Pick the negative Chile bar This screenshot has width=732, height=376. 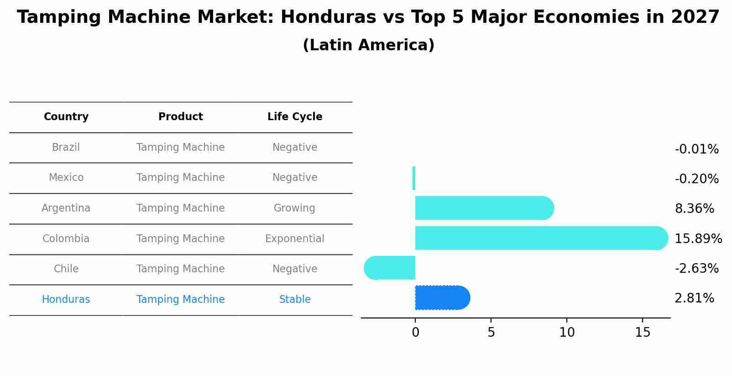click(x=390, y=268)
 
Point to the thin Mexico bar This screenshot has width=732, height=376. click(x=414, y=178)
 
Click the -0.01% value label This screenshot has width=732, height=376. click(x=696, y=149)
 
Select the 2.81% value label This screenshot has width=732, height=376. click(x=694, y=298)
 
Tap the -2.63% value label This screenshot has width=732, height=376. click(x=696, y=268)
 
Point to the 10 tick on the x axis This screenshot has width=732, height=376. click(x=567, y=333)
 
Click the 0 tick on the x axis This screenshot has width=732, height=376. click(x=415, y=333)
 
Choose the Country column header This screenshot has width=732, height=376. click(x=66, y=117)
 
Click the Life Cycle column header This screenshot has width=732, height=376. click(x=295, y=117)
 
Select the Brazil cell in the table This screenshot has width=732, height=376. click(x=66, y=148)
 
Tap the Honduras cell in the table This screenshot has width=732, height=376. click(x=66, y=300)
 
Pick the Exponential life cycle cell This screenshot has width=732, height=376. click(x=295, y=239)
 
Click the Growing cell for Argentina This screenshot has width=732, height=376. click(x=294, y=208)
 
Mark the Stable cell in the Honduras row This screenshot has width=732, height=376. click(x=295, y=300)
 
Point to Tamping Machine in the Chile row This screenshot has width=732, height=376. click(x=180, y=269)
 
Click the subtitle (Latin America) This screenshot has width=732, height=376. click(x=368, y=45)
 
